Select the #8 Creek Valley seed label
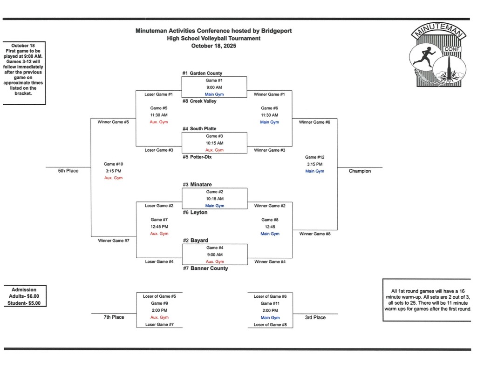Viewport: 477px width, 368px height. tap(199, 101)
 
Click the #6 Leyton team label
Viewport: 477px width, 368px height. tap(195, 213)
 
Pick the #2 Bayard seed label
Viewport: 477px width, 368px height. tap(196, 241)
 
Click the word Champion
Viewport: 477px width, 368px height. tap(360, 171)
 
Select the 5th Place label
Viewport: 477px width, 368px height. tap(68, 171)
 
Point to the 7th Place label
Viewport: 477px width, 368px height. tap(114, 317)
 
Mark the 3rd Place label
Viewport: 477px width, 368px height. tap(315, 317)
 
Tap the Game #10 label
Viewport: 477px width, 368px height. tap(114, 164)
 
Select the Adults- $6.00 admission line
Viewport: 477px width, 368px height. tap(24, 296)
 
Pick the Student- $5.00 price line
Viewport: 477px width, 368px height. tap(24, 303)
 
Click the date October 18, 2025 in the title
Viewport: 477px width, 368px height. tap(214, 46)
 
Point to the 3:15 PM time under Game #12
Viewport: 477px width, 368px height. tap(315, 164)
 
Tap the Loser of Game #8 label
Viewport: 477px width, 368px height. tap(270, 325)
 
